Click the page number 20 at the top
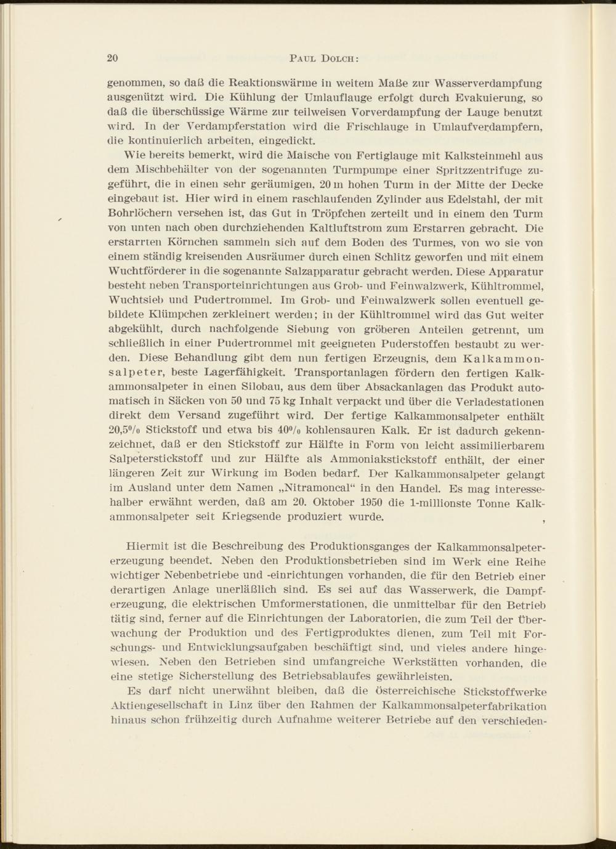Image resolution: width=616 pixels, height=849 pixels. tap(112, 59)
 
